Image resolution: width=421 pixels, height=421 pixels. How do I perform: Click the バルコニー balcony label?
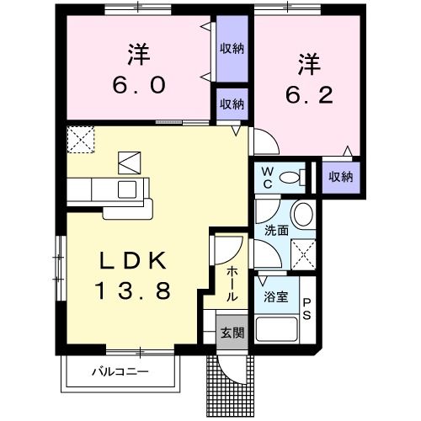[120, 371]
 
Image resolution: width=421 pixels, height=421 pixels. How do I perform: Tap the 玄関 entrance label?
[232, 333]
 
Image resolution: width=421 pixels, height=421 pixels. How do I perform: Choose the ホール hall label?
[232, 285]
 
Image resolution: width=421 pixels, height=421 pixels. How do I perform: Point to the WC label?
[266, 177]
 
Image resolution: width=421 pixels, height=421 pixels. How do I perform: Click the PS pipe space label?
[307, 309]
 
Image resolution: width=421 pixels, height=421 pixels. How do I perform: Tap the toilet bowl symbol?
[291, 177]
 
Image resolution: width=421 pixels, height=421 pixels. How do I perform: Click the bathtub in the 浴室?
[276, 329]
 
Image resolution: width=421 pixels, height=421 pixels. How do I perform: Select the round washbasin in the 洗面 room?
[303, 210]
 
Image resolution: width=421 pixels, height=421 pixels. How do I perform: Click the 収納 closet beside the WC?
[341, 177]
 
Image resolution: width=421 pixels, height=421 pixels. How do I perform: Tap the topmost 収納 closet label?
[232, 48]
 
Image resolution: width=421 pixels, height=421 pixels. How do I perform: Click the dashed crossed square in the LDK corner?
[81, 138]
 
